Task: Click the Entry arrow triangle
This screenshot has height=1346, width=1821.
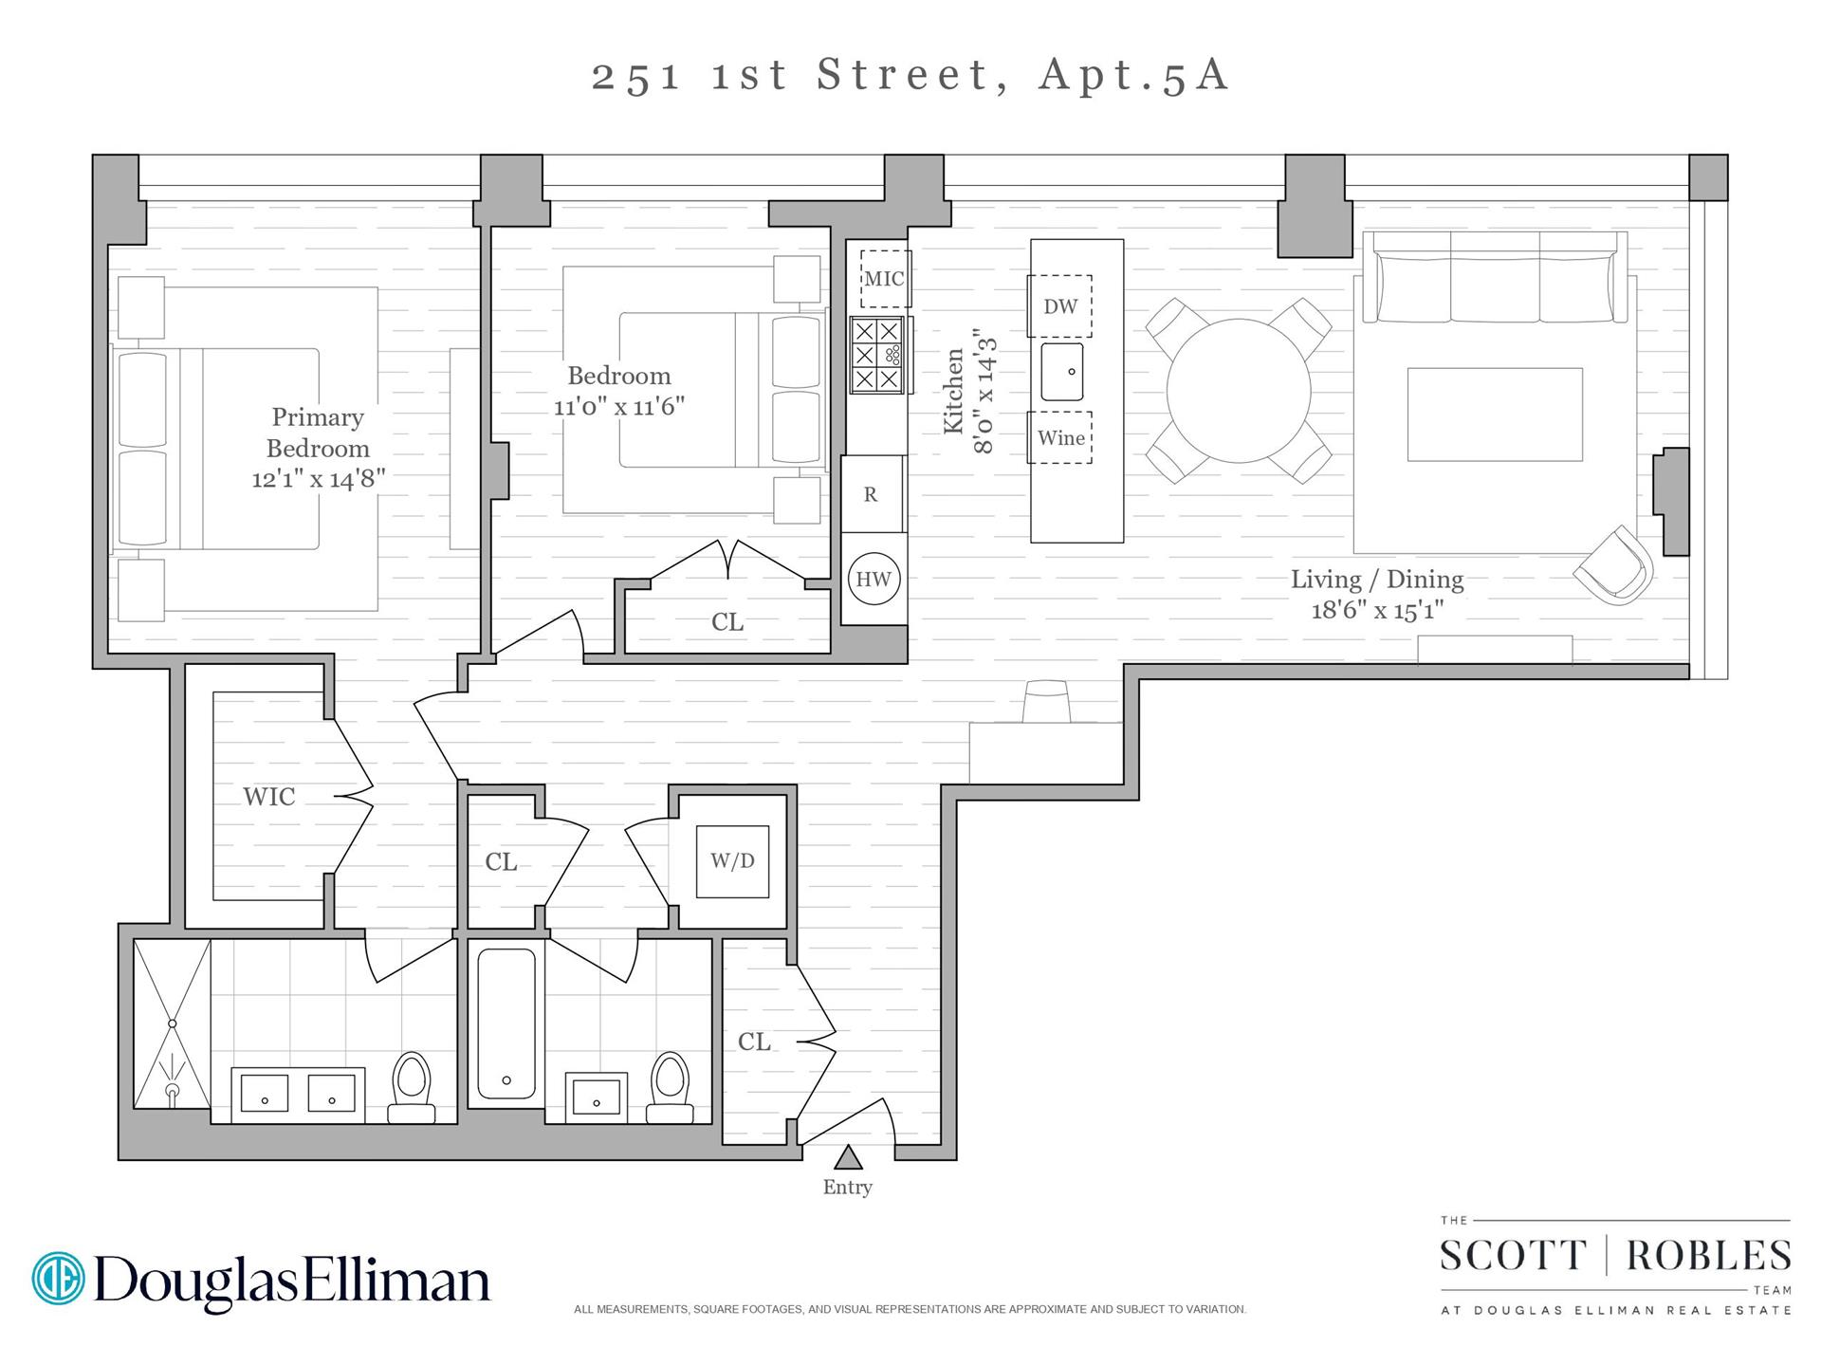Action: pos(847,1157)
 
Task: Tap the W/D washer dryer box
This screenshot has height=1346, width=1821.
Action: pos(732,861)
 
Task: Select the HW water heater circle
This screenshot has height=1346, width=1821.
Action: pos(873,579)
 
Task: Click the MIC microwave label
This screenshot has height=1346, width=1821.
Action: pos(884,279)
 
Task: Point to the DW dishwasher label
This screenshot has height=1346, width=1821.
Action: pos(1060,306)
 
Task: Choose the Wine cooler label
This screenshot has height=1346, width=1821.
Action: pos(1060,438)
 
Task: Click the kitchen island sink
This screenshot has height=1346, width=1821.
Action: pos(1061,372)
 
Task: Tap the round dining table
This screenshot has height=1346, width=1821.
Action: pos(1238,390)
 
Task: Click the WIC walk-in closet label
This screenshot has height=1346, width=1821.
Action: pos(269,797)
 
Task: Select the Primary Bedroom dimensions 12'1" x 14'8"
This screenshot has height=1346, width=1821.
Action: pos(318,479)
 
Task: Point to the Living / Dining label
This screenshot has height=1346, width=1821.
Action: pos(1376,580)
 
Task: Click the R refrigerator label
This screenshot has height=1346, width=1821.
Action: pos(871,495)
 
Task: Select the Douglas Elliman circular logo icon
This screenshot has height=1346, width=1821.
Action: pos(58,1278)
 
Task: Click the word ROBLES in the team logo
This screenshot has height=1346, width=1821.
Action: pos(1708,1256)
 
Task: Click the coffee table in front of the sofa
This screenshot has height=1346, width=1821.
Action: pos(1494,415)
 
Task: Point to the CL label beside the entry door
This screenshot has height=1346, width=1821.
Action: pos(754,1042)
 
